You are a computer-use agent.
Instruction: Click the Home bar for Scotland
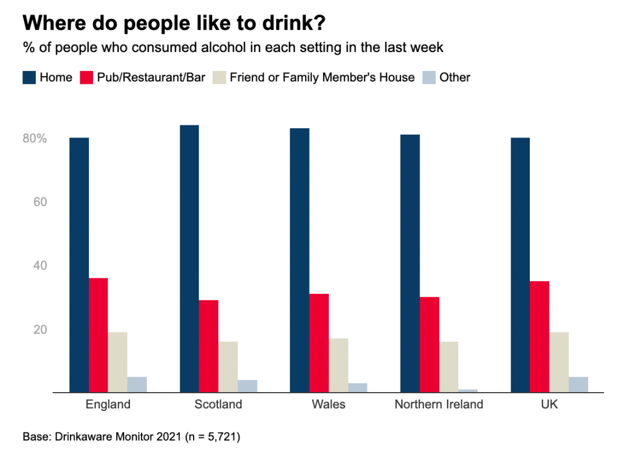click(x=189, y=259)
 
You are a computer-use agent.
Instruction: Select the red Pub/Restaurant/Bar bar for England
click(x=98, y=335)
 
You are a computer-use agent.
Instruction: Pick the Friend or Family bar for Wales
click(x=338, y=365)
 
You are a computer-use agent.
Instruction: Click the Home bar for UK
click(x=520, y=265)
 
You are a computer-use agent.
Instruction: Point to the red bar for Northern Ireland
click(x=429, y=345)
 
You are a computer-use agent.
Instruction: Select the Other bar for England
click(x=137, y=385)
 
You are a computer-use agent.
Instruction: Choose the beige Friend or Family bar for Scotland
click(x=228, y=367)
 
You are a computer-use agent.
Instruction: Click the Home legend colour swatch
click(x=29, y=77)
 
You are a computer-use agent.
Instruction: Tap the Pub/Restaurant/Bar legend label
click(x=151, y=77)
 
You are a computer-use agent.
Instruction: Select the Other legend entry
click(x=455, y=77)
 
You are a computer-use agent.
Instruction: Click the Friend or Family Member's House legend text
click(x=322, y=77)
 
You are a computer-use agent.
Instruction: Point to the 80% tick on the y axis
click(x=35, y=139)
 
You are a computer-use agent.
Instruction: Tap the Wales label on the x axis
click(x=328, y=404)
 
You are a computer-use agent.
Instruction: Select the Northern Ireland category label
click(x=439, y=404)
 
